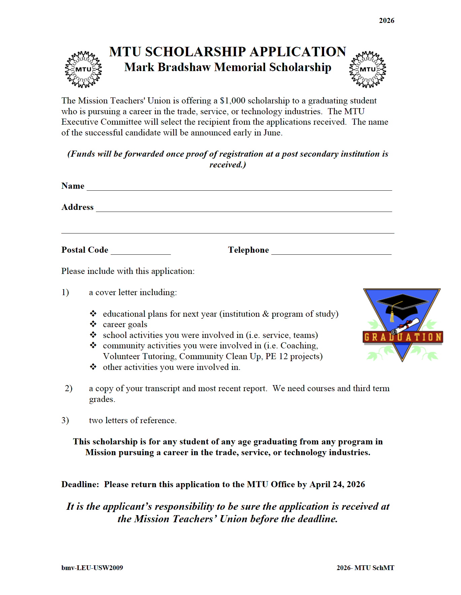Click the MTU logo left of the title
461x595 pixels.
83,69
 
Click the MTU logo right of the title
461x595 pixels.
367,69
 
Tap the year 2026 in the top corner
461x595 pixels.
386,21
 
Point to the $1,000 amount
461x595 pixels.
232,101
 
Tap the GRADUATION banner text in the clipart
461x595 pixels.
403,337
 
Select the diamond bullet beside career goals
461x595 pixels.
93,324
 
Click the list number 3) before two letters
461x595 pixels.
65,420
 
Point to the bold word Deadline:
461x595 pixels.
80,484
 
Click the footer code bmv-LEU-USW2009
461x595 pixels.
92,568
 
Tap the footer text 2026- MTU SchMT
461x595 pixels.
365,568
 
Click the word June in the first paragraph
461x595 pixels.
272,133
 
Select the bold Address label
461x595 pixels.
77,207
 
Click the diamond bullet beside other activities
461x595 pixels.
93,367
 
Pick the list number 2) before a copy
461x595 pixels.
69,388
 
